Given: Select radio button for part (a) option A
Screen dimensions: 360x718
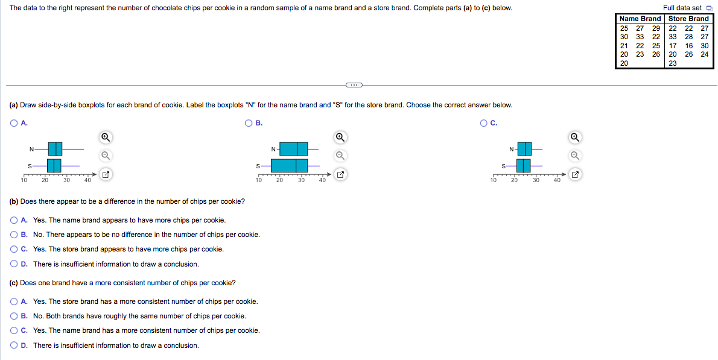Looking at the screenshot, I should pyautogui.click(x=13, y=123).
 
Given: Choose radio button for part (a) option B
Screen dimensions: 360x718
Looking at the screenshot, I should pyautogui.click(x=249, y=123).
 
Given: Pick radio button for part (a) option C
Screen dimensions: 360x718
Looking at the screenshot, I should pyautogui.click(x=484, y=123).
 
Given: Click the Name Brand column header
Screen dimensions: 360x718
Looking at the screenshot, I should pyautogui.click(x=640, y=19).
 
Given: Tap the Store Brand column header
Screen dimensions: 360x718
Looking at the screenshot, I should pyautogui.click(x=688, y=19).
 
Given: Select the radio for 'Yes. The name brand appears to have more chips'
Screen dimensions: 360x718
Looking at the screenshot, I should pyautogui.click(x=14, y=220).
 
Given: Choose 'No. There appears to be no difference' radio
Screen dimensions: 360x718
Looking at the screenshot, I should pyautogui.click(x=14, y=235).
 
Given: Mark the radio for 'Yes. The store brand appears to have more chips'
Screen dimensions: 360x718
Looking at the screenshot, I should pyautogui.click(x=14, y=249).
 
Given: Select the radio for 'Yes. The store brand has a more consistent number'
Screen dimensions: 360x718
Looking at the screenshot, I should pyautogui.click(x=14, y=302).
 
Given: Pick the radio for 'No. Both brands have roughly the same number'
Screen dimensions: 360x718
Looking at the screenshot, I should pyautogui.click(x=14, y=316).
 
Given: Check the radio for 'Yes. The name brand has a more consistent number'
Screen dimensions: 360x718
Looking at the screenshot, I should pyautogui.click(x=14, y=330).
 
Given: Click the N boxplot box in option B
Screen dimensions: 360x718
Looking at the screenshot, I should pyautogui.click(x=294, y=148).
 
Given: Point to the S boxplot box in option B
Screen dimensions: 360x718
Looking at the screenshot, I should pyautogui.click(x=290, y=165).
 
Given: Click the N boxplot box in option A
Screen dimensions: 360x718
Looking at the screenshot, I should pyautogui.click(x=55, y=148).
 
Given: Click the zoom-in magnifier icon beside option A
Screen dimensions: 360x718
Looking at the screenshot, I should pyautogui.click(x=105, y=137).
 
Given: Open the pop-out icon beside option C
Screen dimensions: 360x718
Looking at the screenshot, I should pyautogui.click(x=575, y=175).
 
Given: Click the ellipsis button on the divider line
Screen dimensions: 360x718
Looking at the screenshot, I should pyautogui.click(x=354, y=84).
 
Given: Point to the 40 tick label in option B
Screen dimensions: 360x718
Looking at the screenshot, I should pyautogui.click(x=322, y=180).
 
